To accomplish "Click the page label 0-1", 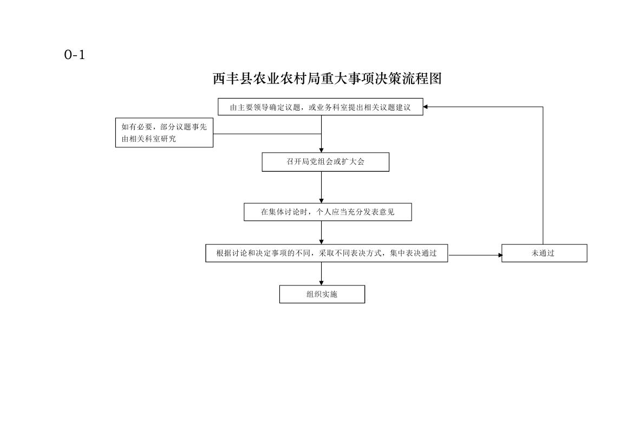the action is (x=75, y=55).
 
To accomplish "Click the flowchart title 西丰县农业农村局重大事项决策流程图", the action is (x=327, y=79).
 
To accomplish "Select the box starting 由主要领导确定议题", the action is (x=321, y=107).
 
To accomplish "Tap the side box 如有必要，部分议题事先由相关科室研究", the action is (x=164, y=133).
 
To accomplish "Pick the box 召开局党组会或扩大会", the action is (x=325, y=162).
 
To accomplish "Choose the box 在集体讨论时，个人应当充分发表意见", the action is (x=328, y=212).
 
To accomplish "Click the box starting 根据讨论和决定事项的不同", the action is (x=327, y=254).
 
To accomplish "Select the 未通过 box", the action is (x=544, y=254).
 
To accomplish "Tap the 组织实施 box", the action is (x=322, y=294).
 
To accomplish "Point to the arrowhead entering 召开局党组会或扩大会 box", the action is (x=321, y=150).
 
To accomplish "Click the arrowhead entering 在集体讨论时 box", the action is (x=321, y=201).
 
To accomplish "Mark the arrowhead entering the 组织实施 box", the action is (x=321, y=283).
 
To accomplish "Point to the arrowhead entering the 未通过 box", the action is (x=500, y=255).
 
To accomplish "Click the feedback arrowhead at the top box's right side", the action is (x=426, y=107).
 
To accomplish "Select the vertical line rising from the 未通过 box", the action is (x=543, y=176).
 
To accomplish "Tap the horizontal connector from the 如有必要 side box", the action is (x=267, y=134).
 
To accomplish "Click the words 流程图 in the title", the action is (x=422, y=79).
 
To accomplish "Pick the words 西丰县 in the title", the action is (x=232, y=79).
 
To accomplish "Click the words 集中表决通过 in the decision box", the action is (x=413, y=254).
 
